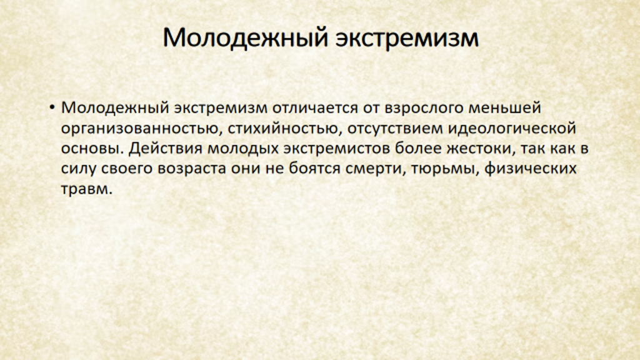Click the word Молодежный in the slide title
pyautogui.click(x=245, y=37)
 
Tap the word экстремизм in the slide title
pyautogui.click(x=407, y=37)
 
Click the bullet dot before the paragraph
pyautogui.click(x=52, y=107)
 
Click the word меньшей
pyautogui.click(x=505, y=108)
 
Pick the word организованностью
pyautogui.click(x=141, y=129)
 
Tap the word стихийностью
pyautogui.click(x=285, y=129)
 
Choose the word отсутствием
pyautogui.click(x=395, y=129)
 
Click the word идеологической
pyautogui.click(x=512, y=129)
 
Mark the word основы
pyautogui.click(x=92, y=149)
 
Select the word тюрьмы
pyautogui.click(x=445, y=169)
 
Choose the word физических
pyautogui.click(x=531, y=169)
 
